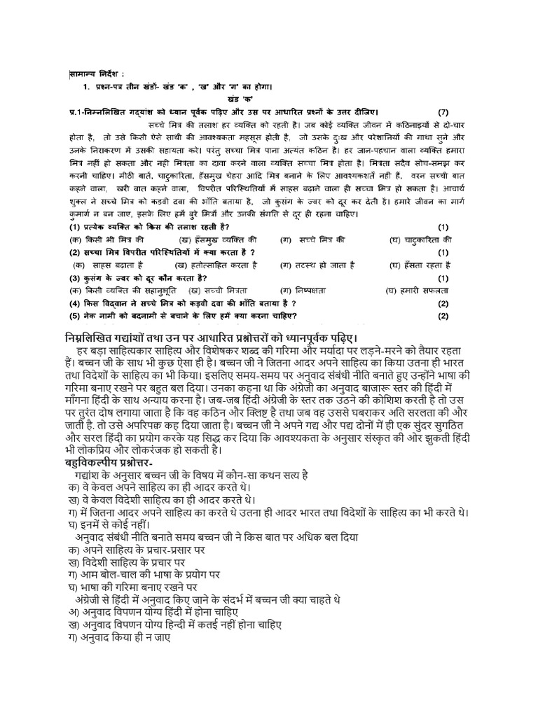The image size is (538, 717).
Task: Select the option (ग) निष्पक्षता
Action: coord(308,289)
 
